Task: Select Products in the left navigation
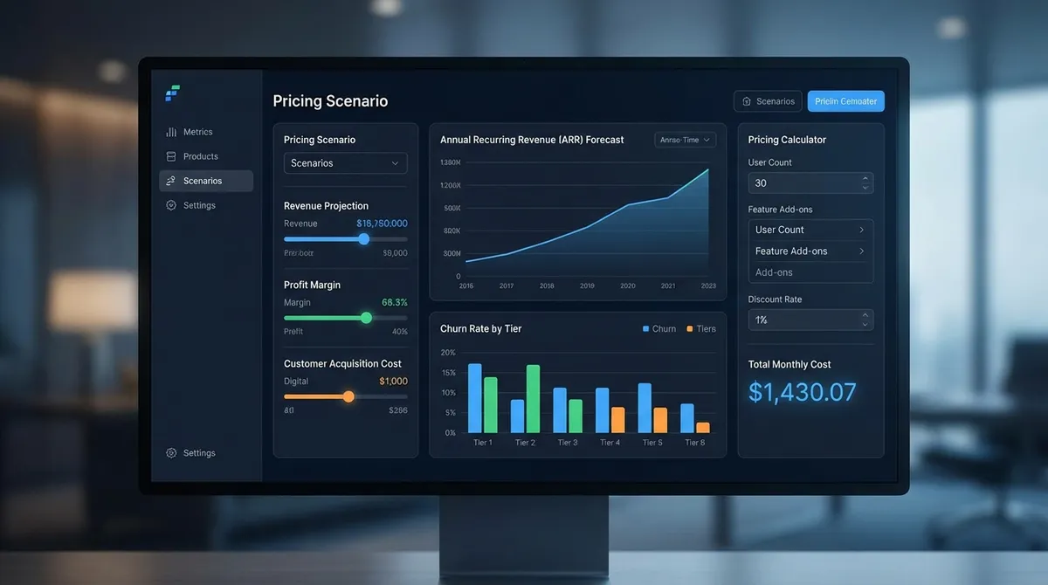(x=200, y=156)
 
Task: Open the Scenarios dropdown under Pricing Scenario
(x=346, y=163)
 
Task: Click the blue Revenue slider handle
(x=363, y=239)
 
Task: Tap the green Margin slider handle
(x=366, y=318)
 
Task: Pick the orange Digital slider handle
(x=348, y=396)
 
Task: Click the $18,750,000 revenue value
(x=382, y=224)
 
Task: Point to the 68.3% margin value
(x=395, y=302)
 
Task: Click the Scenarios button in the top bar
(x=768, y=101)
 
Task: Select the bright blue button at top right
(x=845, y=101)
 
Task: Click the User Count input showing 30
(x=803, y=183)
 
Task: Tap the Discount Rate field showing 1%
(x=803, y=320)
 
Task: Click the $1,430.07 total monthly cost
(x=802, y=392)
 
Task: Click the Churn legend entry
(x=658, y=329)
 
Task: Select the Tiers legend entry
(x=701, y=329)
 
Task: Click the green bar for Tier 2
(x=533, y=398)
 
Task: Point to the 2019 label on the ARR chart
(x=587, y=286)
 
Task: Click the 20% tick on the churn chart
(x=448, y=353)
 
